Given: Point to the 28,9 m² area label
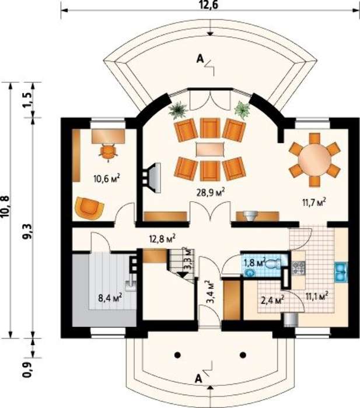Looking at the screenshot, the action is (211, 192).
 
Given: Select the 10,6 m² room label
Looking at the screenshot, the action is (107, 178).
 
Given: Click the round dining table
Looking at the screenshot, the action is (314, 160).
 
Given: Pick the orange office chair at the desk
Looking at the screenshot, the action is (107, 152).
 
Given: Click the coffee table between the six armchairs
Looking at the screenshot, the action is (210, 149).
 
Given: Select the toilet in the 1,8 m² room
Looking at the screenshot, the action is (272, 263).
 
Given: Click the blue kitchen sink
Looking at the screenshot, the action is (341, 272).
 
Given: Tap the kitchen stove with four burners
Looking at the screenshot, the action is (299, 268).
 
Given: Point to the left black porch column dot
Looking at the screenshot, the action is (177, 355).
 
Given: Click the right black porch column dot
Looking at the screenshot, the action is (243, 355).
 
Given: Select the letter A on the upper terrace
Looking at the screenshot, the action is (200, 59).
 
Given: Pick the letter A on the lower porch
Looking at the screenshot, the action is (199, 379).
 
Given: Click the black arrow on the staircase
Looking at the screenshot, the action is (182, 275).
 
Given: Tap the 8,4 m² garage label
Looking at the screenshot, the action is (110, 298).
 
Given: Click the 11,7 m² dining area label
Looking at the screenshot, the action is (314, 203).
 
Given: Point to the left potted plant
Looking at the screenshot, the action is (178, 110).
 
